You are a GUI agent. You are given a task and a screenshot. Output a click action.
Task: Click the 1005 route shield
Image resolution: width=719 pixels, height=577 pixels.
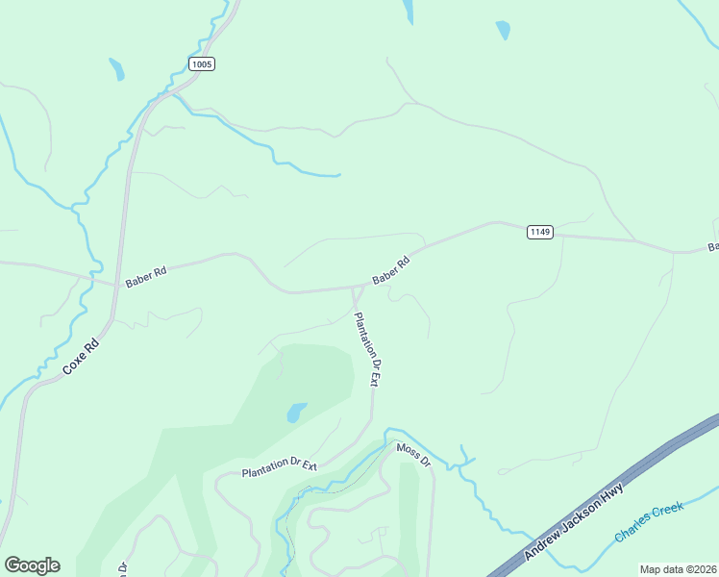click(x=201, y=64)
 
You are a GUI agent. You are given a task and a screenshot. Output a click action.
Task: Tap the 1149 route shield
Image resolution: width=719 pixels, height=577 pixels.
click(x=539, y=233)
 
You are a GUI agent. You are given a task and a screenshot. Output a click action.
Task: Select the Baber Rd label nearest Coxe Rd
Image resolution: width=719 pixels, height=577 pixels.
click(x=146, y=277)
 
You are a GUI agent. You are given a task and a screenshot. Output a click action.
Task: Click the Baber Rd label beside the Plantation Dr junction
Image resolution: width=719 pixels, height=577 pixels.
click(x=391, y=270)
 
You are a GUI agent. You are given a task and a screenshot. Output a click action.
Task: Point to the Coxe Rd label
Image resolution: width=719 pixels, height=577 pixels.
click(x=81, y=359)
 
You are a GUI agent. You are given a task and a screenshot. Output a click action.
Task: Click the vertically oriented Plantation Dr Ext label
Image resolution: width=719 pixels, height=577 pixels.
click(x=368, y=350)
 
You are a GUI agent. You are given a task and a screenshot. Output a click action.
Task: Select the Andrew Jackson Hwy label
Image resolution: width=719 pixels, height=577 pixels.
click(x=574, y=523)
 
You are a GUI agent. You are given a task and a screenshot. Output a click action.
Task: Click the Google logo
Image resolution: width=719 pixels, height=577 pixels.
click(x=32, y=565)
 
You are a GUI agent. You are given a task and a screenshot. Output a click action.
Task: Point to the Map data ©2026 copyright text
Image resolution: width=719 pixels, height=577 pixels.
click(x=678, y=569)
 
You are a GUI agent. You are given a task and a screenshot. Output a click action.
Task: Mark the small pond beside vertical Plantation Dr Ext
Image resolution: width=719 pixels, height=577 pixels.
click(x=296, y=413)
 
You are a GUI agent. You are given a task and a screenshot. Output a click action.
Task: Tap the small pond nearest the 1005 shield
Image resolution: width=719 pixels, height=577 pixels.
click(x=116, y=69)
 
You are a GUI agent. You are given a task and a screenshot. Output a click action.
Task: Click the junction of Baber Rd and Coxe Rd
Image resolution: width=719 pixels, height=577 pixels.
click(x=114, y=286)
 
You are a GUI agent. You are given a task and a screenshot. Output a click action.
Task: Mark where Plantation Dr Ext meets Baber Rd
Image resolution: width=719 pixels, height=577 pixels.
click(x=357, y=288)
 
